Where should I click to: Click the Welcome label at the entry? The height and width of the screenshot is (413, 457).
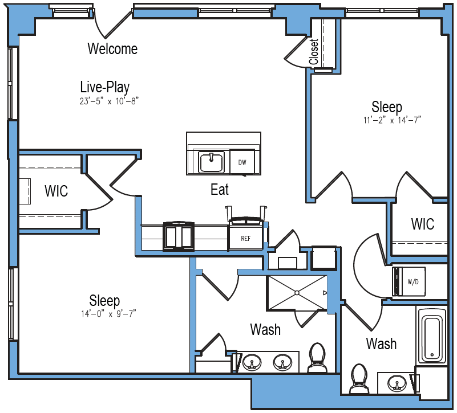[x=112, y=49]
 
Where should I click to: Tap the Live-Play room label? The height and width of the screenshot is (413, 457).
[x=104, y=87]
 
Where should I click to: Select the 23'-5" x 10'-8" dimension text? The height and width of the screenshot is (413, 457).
[x=110, y=101]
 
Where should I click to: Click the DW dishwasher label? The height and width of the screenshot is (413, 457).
[x=242, y=162]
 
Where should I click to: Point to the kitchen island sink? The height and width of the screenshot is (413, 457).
[x=212, y=162]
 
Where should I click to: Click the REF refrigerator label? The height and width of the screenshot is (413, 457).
[x=246, y=238]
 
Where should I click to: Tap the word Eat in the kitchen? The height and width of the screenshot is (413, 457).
[x=220, y=190]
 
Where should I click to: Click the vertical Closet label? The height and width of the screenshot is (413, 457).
[x=314, y=52]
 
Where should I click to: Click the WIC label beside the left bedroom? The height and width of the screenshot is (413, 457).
[x=56, y=191]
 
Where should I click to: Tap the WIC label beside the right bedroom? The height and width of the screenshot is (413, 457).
[x=422, y=224]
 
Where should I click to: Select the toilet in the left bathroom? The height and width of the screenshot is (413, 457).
[x=317, y=358]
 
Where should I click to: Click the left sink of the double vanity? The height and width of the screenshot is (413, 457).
[x=251, y=362]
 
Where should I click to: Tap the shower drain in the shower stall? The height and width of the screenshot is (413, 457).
[x=297, y=292]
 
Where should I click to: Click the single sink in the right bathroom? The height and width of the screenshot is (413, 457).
[x=395, y=383]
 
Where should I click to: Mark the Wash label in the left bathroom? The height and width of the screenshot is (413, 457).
[x=265, y=329]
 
